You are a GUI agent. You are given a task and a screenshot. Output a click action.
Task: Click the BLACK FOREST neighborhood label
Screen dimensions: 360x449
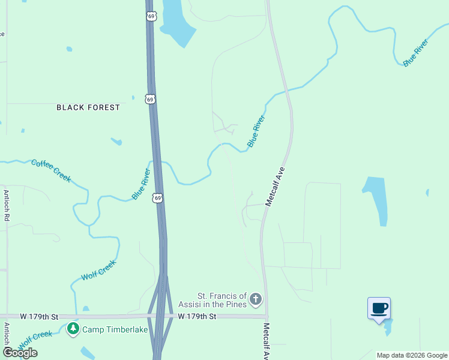[x=88, y=107]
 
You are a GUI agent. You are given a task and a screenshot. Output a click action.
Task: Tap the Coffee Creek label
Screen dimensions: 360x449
[x=51, y=170]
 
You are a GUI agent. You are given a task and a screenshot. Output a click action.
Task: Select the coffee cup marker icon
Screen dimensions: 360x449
[x=379, y=308]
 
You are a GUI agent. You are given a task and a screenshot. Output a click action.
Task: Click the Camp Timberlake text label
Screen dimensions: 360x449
[x=115, y=329]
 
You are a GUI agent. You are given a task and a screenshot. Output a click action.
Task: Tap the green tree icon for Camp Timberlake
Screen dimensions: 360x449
[x=73, y=329]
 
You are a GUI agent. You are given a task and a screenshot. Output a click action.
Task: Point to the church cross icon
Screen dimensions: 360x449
[x=256, y=299]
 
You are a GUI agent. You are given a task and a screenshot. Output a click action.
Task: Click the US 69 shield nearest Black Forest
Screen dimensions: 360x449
[x=151, y=98]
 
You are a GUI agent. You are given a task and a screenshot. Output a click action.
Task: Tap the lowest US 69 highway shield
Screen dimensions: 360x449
[x=157, y=197]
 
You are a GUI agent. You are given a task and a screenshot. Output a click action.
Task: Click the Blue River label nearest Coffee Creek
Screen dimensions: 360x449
[x=142, y=184]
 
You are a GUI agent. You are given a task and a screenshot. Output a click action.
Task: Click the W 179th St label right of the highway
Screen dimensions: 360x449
[x=196, y=316]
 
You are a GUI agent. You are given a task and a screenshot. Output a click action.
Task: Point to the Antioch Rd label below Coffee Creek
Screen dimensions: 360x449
[x=7, y=206]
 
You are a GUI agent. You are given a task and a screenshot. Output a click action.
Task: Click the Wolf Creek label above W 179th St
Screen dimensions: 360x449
[x=98, y=270]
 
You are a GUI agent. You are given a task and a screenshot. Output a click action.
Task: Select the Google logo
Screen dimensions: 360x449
[x=20, y=353]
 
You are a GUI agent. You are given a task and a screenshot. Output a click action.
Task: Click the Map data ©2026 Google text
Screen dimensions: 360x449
[x=412, y=355]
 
